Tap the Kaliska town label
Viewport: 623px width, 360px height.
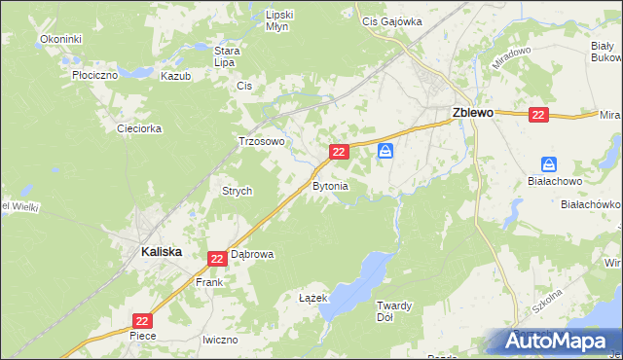[149, 250]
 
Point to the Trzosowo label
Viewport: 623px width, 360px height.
[261, 141]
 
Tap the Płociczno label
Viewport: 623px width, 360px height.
[95, 73]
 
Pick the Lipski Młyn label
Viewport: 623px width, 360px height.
[280, 21]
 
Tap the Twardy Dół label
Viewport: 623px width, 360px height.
[395, 311]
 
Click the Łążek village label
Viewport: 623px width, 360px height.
[311, 299]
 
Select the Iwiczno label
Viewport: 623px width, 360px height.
[220, 340]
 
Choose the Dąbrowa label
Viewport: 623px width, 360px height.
[252, 254]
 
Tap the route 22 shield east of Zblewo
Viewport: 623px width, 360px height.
[539, 115]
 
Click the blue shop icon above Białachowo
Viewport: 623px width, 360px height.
[549, 166]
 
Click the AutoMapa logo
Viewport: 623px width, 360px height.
[558, 341]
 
